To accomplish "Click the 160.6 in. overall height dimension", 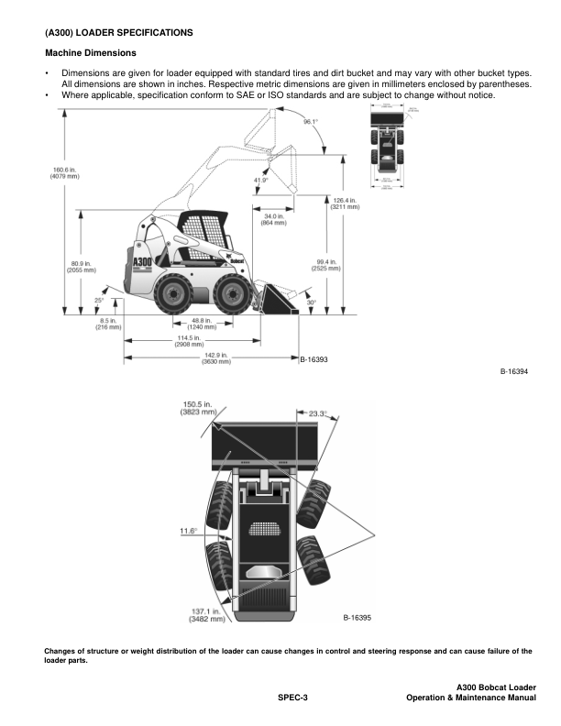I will (x=39, y=171).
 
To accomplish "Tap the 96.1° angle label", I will (x=312, y=121).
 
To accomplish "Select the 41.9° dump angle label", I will (x=261, y=181).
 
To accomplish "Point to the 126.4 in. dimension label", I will (x=344, y=203).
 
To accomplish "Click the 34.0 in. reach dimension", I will (x=273, y=219).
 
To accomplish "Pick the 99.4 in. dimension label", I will (x=326, y=265).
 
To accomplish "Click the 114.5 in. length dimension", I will (x=189, y=340).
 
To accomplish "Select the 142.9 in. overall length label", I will (x=215, y=357).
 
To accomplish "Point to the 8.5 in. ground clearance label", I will (x=108, y=323).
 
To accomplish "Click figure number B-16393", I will (x=314, y=358).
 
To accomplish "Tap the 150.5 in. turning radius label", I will (x=197, y=408).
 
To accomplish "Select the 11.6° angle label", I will (x=191, y=530).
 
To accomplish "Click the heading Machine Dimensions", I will (x=90, y=52).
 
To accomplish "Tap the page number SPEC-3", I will (x=293, y=698).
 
